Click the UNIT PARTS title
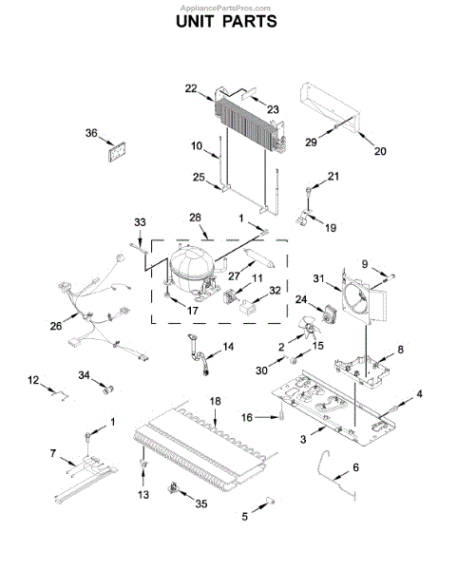(x=227, y=22)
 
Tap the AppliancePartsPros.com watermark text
(x=227, y=5)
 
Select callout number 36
(x=92, y=133)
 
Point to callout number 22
(x=191, y=88)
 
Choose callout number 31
(x=320, y=278)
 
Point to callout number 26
(x=56, y=326)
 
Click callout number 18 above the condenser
(x=215, y=401)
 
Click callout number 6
(x=355, y=467)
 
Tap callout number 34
(x=86, y=376)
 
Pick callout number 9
(x=364, y=263)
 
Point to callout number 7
(x=54, y=452)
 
